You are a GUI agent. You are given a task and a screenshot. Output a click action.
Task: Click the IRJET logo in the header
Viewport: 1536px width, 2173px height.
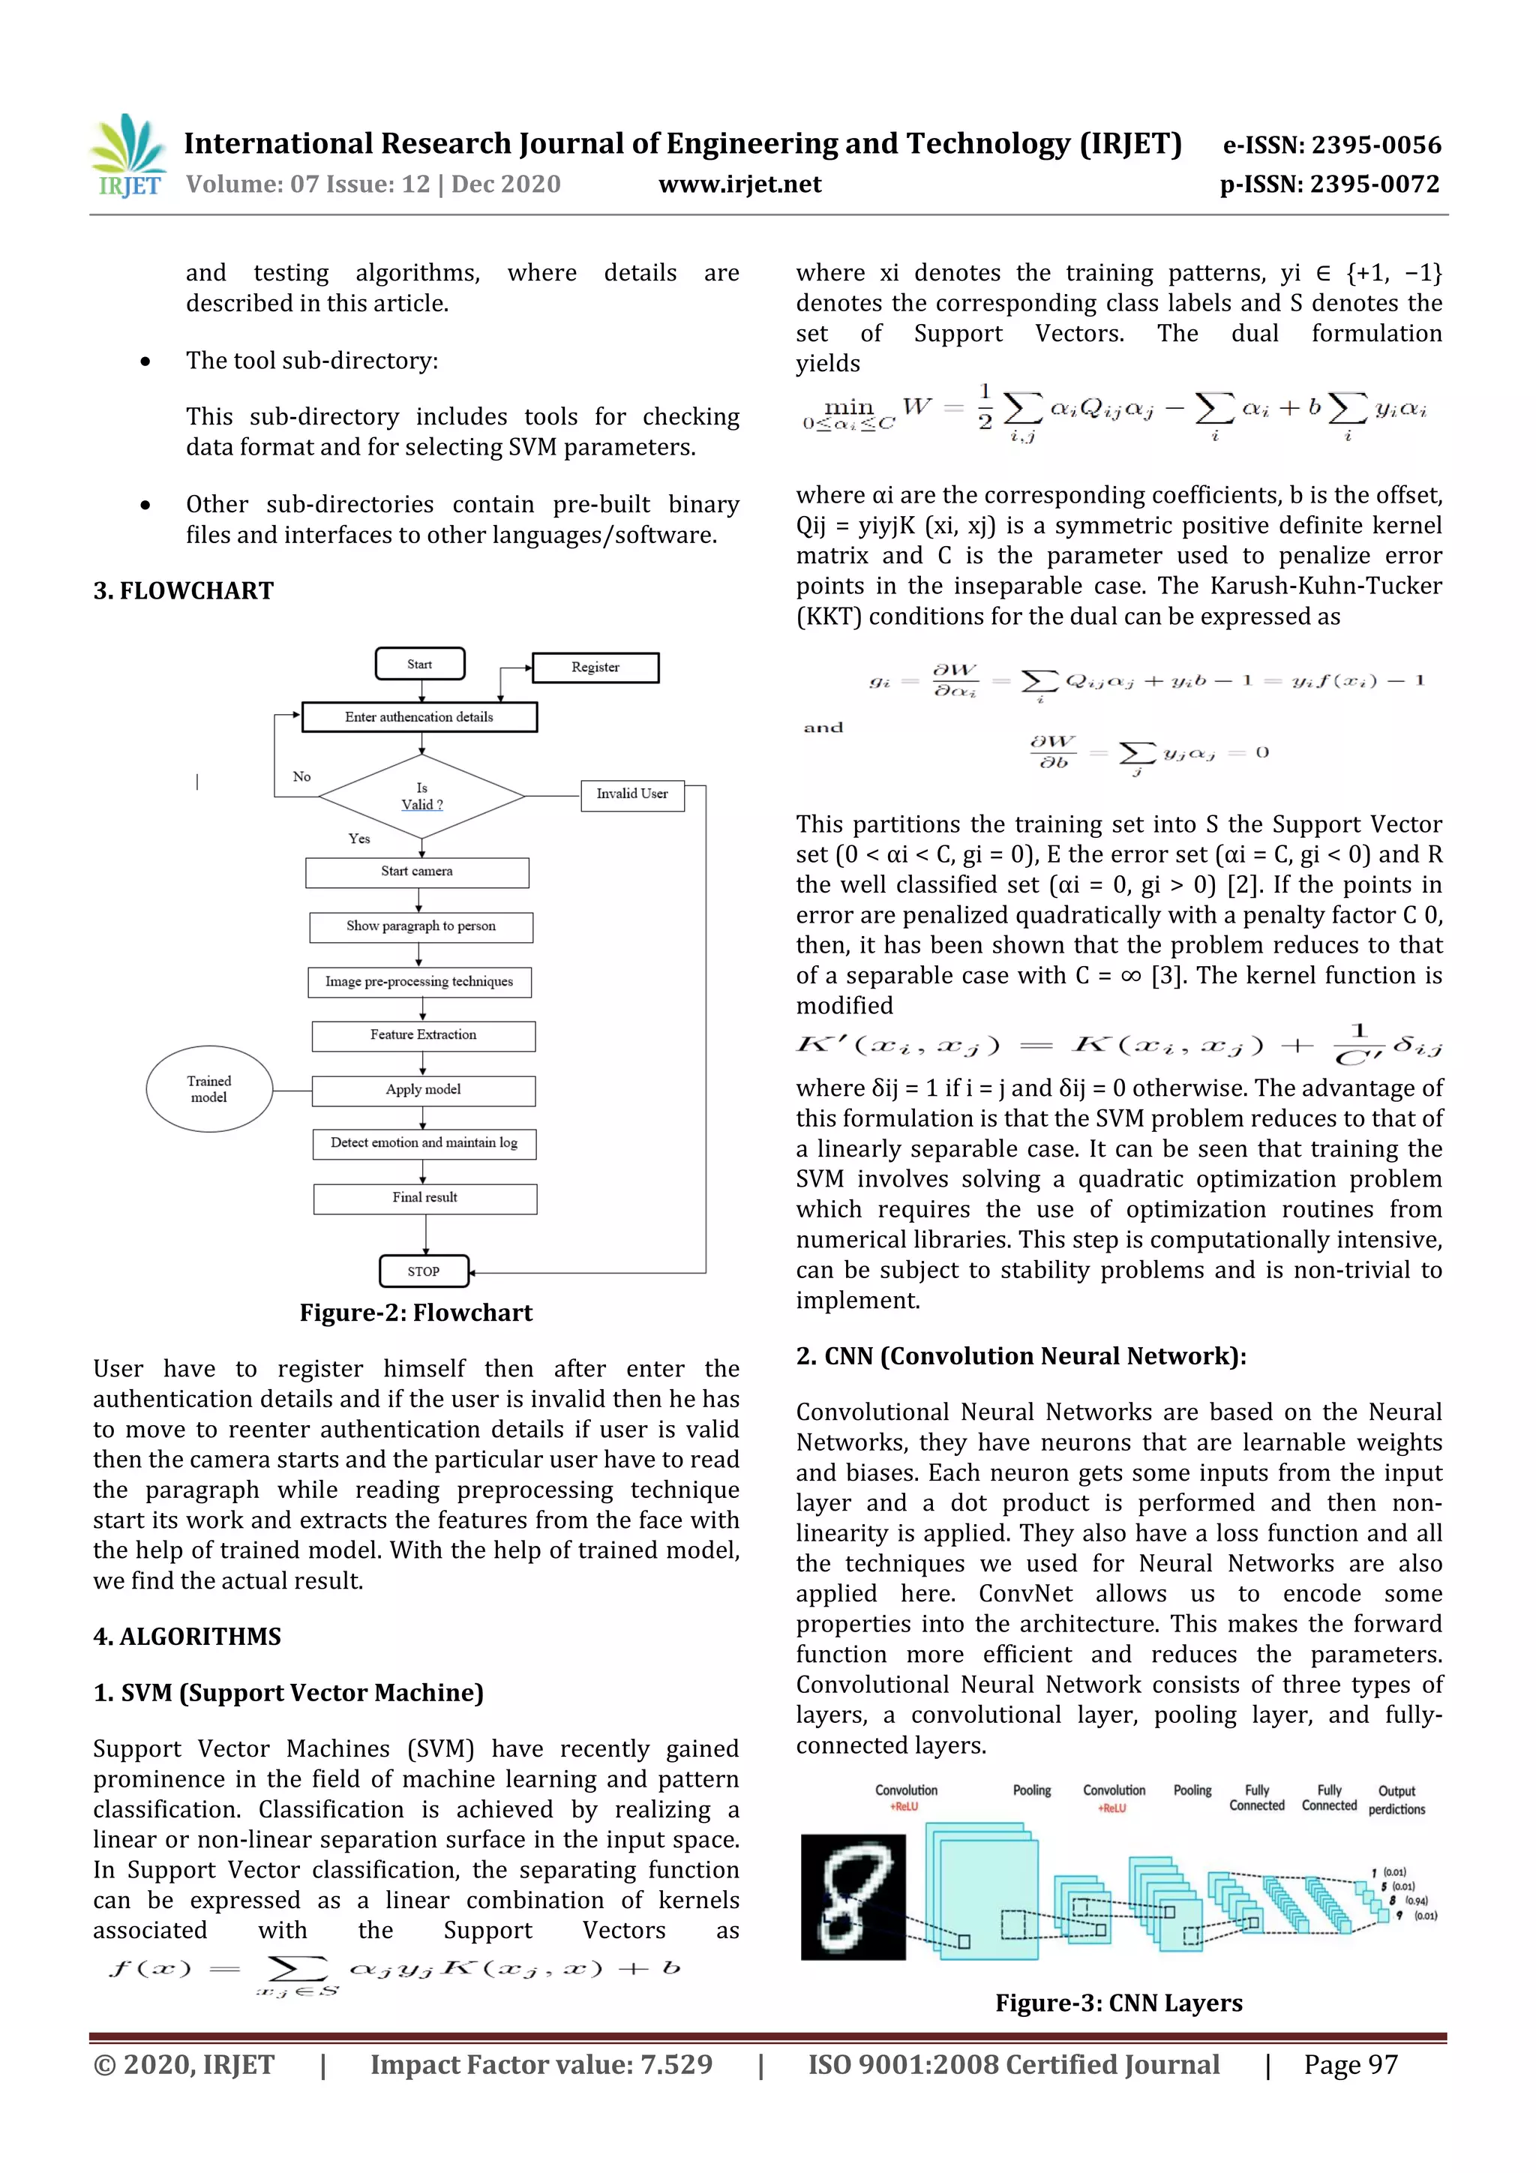(x=127, y=155)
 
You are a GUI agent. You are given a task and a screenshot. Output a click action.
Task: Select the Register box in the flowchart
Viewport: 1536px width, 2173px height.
(x=595, y=668)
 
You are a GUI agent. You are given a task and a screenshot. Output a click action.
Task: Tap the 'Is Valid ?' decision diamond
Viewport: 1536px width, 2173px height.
(x=421, y=796)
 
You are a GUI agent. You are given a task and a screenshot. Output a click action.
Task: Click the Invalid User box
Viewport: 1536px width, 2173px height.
(x=631, y=794)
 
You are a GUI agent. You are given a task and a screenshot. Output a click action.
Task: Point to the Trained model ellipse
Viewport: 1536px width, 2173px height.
(x=209, y=1088)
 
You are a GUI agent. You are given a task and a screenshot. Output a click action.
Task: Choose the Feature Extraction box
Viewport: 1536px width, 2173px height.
(x=423, y=1035)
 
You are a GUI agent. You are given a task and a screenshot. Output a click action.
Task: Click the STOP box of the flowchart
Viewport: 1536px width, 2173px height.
(x=424, y=1271)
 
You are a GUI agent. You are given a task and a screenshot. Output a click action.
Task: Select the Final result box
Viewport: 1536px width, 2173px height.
(x=425, y=1198)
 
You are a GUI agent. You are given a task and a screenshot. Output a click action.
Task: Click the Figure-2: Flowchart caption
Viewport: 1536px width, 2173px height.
(x=415, y=1313)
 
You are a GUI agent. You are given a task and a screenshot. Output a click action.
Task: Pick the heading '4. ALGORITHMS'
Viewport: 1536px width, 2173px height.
(x=187, y=1637)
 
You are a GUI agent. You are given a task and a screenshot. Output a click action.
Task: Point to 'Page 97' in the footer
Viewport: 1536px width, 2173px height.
(x=1351, y=2064)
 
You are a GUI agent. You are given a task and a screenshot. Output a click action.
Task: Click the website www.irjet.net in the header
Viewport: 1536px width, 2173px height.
(x=739, y=185)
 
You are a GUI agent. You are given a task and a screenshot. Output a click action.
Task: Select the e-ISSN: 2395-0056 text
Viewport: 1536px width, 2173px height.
(x=1331, y=145)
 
